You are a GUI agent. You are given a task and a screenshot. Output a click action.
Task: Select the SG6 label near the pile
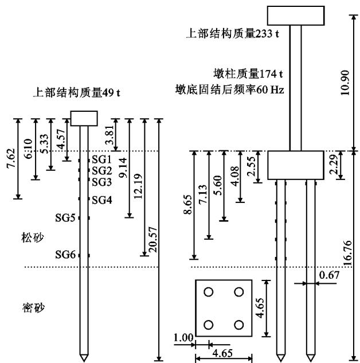click(65, 255)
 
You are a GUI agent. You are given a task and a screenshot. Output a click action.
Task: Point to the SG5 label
click(65, 218)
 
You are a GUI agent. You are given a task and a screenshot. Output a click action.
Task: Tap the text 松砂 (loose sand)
click(23, 237)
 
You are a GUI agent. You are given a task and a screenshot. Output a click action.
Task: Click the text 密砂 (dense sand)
click(23, 308)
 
